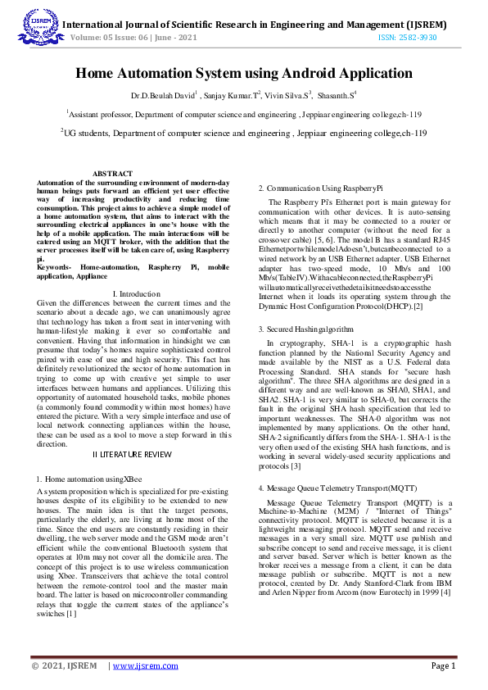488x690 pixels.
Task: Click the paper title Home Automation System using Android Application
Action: [x=243, y=74]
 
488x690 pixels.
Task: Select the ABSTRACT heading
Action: [x=111, y=174]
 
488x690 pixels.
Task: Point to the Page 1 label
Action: [x=443, y=666]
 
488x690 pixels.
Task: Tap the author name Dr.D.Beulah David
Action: [x=164, y=96]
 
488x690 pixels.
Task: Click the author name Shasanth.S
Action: [x=337, y=96]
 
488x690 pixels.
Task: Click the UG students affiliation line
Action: [x=243, y=132]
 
